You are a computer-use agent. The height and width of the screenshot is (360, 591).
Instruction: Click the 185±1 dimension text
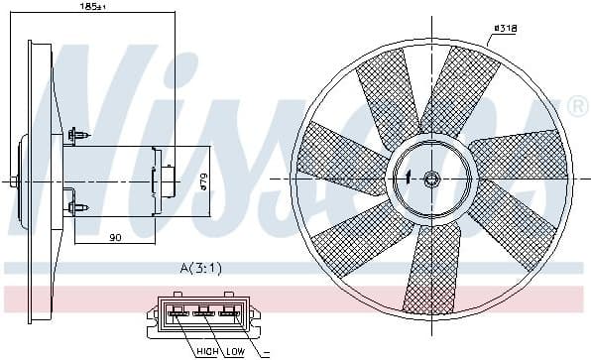(93, 7)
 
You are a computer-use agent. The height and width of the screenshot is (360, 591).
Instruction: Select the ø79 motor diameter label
(201, 180)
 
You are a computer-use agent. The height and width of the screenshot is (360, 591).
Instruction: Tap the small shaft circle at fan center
(431, 180)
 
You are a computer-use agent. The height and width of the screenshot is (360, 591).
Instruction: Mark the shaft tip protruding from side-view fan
(11, 181)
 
